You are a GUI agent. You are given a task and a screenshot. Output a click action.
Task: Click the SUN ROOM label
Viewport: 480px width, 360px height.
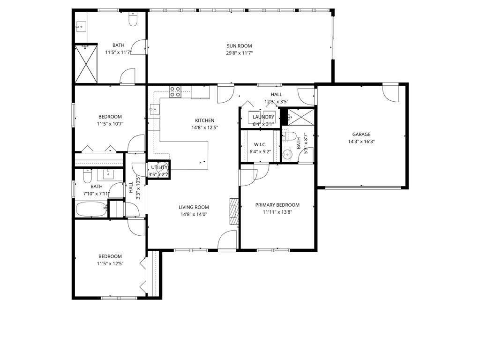coord(239,46)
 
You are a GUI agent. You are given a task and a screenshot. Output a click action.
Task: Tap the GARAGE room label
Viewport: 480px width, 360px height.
coord(361,135)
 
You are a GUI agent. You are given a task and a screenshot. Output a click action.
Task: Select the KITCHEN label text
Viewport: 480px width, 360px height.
coord(205,120)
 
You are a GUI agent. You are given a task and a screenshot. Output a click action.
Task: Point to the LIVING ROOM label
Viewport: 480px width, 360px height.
coord(194,207)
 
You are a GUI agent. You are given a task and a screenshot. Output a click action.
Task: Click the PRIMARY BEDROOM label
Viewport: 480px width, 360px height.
coord(277,205)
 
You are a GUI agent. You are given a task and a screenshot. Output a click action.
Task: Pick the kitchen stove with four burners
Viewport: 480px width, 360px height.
coord(175,91)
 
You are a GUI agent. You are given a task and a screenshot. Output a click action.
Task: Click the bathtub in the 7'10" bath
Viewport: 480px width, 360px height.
coord(91,209)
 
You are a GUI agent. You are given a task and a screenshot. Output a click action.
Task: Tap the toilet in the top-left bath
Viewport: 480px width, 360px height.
coord(133,20)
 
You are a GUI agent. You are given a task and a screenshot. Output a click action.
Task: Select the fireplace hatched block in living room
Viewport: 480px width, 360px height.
coord(234,212)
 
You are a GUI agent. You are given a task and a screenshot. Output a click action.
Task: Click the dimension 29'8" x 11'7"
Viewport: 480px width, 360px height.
coord(240,53)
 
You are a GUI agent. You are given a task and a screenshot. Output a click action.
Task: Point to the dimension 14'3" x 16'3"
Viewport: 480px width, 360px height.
coord(361,142)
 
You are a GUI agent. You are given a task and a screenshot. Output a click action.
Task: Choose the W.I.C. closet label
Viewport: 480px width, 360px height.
coord(260,144)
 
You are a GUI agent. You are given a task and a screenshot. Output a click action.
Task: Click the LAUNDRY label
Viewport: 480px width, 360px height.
coord(263,117)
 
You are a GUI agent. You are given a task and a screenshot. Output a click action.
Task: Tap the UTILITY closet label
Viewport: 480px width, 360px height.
coord(159,167)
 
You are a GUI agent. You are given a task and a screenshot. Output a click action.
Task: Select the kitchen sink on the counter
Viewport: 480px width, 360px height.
coord(154,109)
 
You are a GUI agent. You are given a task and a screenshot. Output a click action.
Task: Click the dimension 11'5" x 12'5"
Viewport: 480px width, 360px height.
coord(110,263)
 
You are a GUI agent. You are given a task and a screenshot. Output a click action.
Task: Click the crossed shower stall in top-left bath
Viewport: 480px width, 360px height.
coord(86,64)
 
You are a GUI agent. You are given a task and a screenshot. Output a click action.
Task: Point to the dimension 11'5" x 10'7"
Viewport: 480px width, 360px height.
coord(110,124)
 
